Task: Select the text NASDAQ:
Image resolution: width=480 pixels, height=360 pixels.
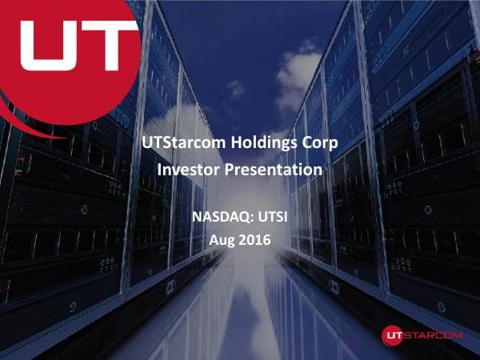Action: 218,215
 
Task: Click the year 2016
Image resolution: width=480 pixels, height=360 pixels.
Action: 255,239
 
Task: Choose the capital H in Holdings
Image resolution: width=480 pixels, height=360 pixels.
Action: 219,145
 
